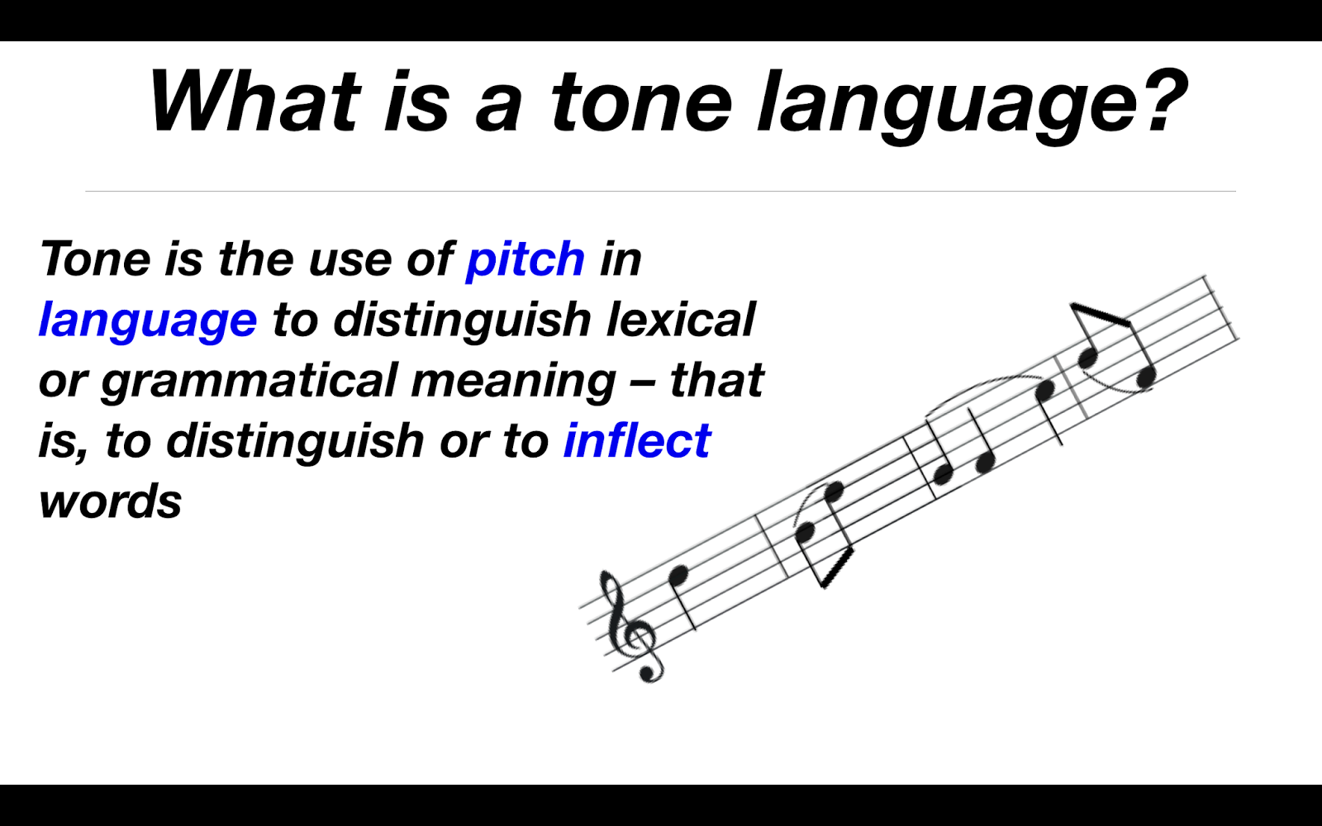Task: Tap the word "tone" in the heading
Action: [x=641, y=102]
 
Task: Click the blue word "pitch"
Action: [x=525, y=259]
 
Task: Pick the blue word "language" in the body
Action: [x=148, y=320]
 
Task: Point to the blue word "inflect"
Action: [x=636, y=440]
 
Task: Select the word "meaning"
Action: [x=513, y=381]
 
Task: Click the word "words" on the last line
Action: [x=110, y=501]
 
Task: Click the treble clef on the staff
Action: [x=633, y=628]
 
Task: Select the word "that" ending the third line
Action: [x=716, y=381]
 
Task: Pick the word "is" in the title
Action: [x=416, y=102]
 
